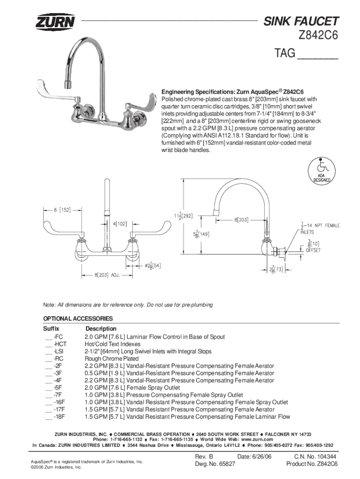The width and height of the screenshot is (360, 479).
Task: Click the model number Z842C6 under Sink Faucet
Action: [318, 36]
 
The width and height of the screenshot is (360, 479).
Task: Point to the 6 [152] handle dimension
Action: [62, 210]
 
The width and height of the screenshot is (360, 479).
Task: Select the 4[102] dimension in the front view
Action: [120, 224]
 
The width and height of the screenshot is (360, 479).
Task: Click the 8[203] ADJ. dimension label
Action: [107, 275]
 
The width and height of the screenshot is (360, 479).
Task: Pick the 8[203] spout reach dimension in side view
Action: [241, 220]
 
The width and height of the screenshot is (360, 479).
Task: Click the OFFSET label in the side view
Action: [313, 250]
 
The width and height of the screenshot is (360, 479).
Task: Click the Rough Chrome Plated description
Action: [111, 359]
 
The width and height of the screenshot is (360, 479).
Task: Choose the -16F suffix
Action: [59, 402]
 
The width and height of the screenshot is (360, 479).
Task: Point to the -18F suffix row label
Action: [59, 417]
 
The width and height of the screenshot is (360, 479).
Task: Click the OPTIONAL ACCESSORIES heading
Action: [78, 318]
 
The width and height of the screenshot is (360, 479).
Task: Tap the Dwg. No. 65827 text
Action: [215, 464]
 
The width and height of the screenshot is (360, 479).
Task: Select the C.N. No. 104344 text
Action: [315, 457]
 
